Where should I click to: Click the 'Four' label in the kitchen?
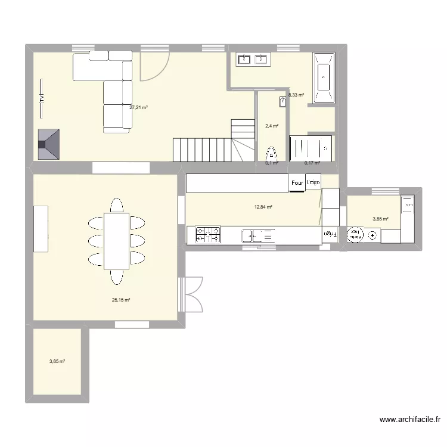tap(297, 183)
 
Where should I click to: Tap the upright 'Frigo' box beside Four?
tap(313, 182)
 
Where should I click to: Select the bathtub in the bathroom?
tap(324, 78)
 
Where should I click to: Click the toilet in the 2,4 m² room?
tap(272, 153)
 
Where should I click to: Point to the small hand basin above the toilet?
tap(282, 103)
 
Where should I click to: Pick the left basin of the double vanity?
tap(244, 59)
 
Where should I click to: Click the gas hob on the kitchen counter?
tap(207, 235)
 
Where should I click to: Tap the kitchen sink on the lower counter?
tap(259, 236)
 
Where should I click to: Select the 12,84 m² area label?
tap(263, 207)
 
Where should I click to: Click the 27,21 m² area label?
tap(138, 108)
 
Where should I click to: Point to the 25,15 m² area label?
tap(121, 300)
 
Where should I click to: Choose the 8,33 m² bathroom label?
tap(296, 95)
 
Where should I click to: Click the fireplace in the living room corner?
tap(49, 144)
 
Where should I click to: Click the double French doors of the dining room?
tap(192, 293)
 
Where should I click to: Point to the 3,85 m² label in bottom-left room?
tap(57, 361)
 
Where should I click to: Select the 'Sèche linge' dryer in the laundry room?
tap(356, 235)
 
